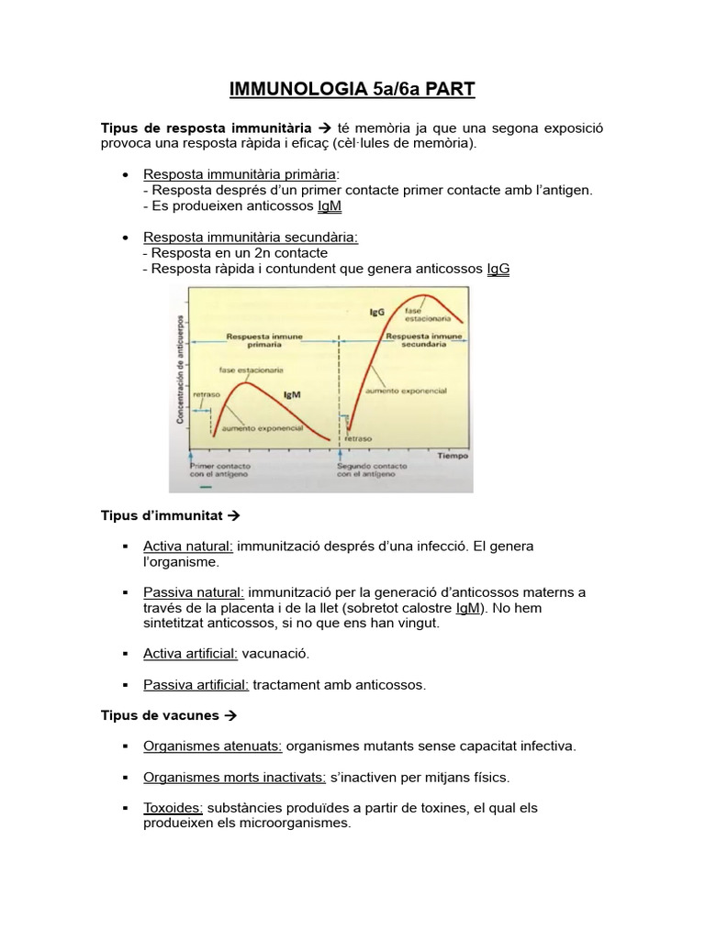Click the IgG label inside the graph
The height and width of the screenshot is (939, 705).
376,313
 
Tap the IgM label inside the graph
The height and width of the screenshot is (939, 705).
293,394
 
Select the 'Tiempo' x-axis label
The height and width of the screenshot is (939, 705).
453,456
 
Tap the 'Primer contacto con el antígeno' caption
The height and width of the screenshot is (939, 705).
215,470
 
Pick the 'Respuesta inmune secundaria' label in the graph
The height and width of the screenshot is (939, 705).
423,341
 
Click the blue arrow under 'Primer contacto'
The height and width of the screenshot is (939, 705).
190,456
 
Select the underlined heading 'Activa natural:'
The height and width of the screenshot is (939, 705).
188,546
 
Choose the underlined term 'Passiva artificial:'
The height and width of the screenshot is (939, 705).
196,684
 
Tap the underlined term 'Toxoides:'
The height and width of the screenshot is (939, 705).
173,808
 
